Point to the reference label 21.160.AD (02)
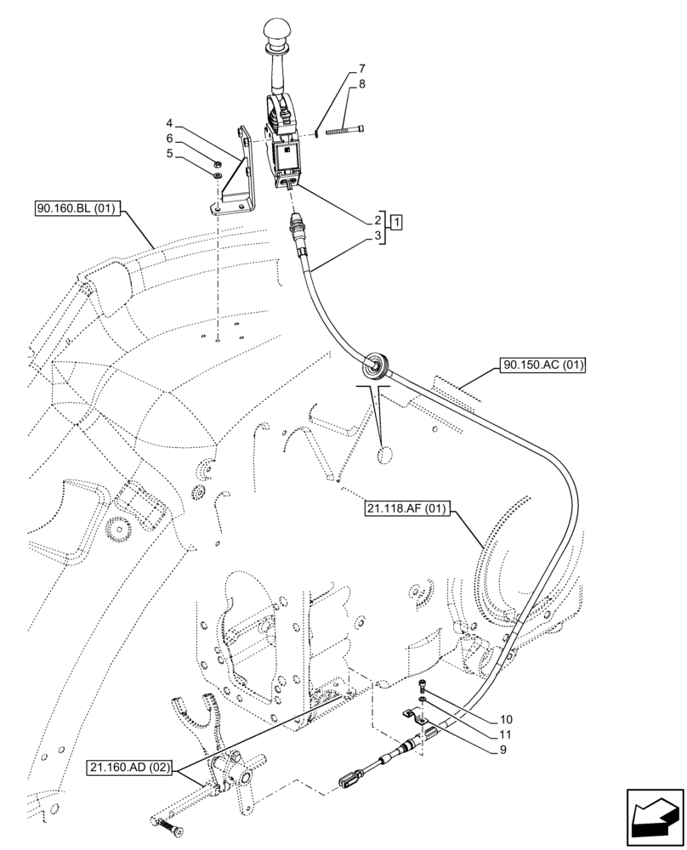[131, 768]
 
